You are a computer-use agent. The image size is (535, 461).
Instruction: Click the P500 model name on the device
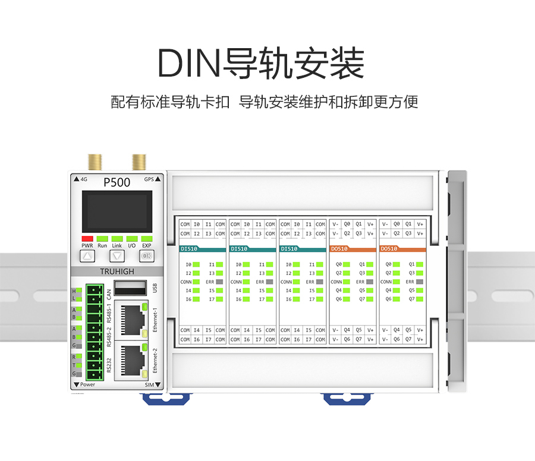click(x=117, y=182)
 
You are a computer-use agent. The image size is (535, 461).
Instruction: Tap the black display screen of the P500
click(x=117, y=211)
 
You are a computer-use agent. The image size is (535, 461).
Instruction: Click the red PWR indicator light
click(x=87, y=238)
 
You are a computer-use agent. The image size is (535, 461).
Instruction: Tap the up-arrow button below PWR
click(x=87, y=257)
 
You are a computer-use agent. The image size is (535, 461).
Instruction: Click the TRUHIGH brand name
click(x=117, y=271)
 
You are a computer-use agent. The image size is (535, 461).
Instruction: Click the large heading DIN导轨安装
click(x=261, y=64)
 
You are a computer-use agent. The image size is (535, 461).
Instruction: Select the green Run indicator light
click(x=102, y=238)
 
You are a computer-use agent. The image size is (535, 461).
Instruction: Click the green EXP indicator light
click(x=146, y=238)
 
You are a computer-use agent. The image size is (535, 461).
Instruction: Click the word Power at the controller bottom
click(x=87, y=384)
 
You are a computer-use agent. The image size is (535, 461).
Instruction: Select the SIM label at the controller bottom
click(x=149, y=385)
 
